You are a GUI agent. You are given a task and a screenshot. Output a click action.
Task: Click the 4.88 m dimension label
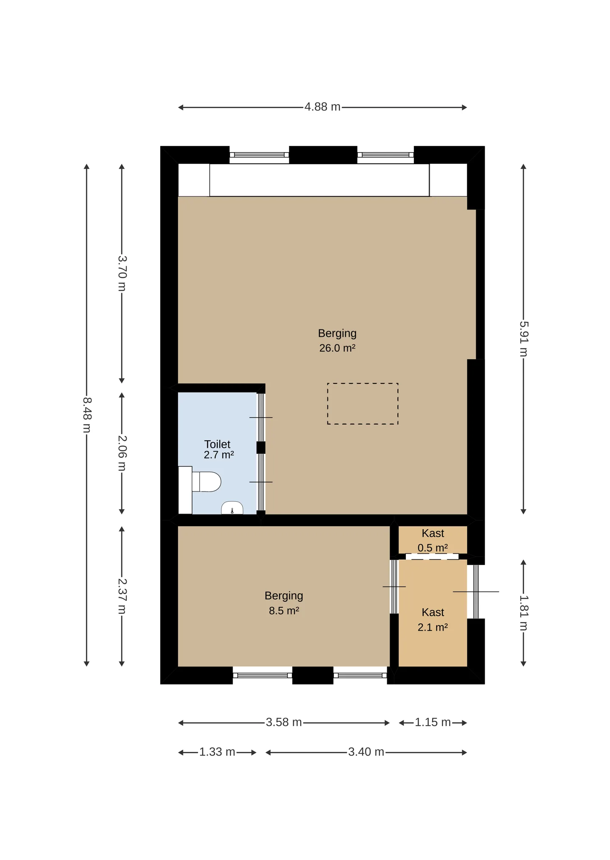(322, 107)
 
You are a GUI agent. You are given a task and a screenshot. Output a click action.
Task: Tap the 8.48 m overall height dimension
(87, 415)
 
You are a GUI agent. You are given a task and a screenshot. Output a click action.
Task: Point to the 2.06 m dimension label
(122, 453)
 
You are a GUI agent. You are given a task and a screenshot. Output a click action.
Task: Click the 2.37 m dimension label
(122, 596)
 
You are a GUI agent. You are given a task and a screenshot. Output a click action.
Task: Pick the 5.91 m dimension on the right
(524, 339)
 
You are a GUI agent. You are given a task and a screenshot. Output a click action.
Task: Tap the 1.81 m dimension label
(524, 613)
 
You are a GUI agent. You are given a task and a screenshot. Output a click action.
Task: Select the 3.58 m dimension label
(284, 722)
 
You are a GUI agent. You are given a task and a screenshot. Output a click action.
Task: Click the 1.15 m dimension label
(433, 722)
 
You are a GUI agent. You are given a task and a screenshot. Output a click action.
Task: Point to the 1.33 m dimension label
(217, 752)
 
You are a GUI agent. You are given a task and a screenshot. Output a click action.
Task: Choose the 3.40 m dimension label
(366, 752)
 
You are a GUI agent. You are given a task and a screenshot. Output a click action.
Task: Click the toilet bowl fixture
(206, 482)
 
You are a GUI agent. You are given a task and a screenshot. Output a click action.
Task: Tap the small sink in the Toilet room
(232, 508)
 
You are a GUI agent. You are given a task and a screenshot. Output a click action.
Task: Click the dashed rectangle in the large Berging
(363, 383)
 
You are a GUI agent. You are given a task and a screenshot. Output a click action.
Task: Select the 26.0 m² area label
(337, 348)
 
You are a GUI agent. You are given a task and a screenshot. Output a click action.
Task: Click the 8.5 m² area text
(284, 611)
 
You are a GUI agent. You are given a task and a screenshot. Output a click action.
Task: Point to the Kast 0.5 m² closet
(433, 539)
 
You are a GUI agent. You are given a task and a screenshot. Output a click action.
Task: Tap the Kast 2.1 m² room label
(433, 620)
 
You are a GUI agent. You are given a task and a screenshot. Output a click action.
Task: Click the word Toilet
(217, 444)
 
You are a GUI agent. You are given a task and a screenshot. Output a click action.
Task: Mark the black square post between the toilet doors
(261, 447)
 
